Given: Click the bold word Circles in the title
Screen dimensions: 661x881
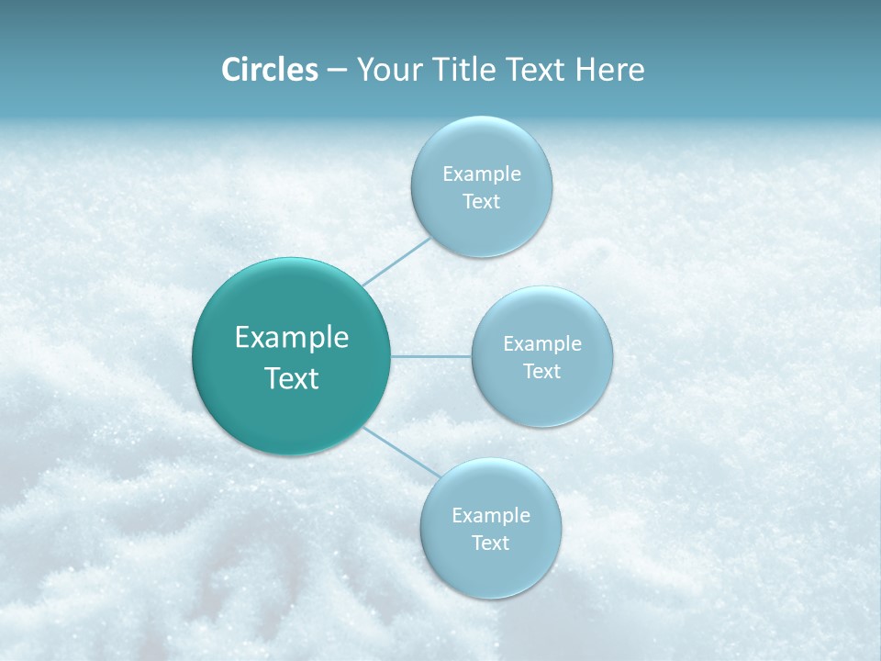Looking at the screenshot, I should (269, 70).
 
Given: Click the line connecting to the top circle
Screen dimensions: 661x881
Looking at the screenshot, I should (396, 261).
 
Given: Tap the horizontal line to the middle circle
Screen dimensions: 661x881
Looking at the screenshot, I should (431, 356).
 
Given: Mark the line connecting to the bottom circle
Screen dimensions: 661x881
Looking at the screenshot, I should (401, 452).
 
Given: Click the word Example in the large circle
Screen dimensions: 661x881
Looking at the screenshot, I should (292, 338).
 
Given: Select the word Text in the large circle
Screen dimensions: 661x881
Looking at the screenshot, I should (292, 378).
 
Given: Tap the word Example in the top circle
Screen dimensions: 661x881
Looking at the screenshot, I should (482, 174).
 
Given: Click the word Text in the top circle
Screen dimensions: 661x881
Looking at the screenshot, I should (482, 202).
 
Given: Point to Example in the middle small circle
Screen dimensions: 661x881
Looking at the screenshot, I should (542, 344).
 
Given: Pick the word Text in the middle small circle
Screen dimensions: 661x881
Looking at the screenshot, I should (542, 372).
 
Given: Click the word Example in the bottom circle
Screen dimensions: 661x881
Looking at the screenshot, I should (491, 516).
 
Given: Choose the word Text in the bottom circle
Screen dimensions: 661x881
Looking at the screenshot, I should (491, 543).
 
